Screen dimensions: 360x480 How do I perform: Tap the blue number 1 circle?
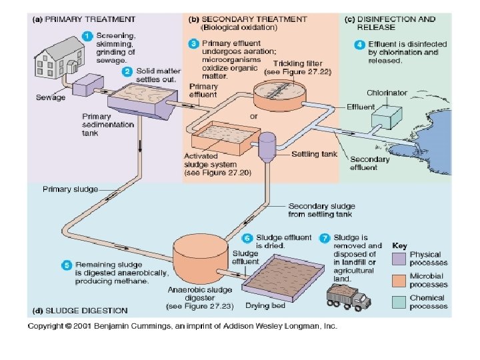pyautogui.click(x=86, y=35)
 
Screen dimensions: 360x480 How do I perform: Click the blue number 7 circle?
pyautogui.click(x=324, y=237)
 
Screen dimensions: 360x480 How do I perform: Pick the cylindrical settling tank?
pyautogui.click(x=267, y=147)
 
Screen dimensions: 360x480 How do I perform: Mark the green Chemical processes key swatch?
pyautogui.click(x=399, y=301)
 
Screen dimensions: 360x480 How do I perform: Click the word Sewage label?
pyautogui.click(x=51, y=97)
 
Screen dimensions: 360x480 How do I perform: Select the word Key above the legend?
pyautogui.click(x=400, y=245)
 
